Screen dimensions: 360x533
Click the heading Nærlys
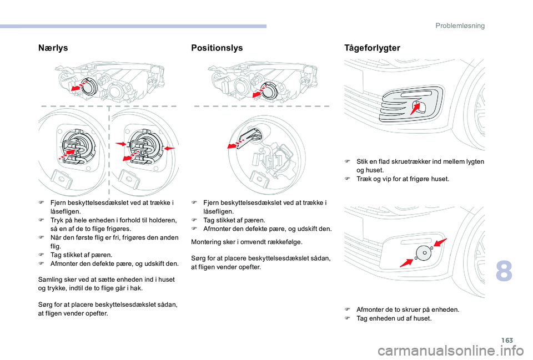pos(53,48)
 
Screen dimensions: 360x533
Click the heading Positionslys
pos(217,48)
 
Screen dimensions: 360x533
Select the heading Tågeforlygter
pos(372,48)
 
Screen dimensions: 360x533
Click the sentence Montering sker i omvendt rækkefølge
pos(246,242)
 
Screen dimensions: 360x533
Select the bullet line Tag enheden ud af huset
pos(393,318)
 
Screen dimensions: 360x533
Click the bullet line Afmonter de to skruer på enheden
pos(407,310)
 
